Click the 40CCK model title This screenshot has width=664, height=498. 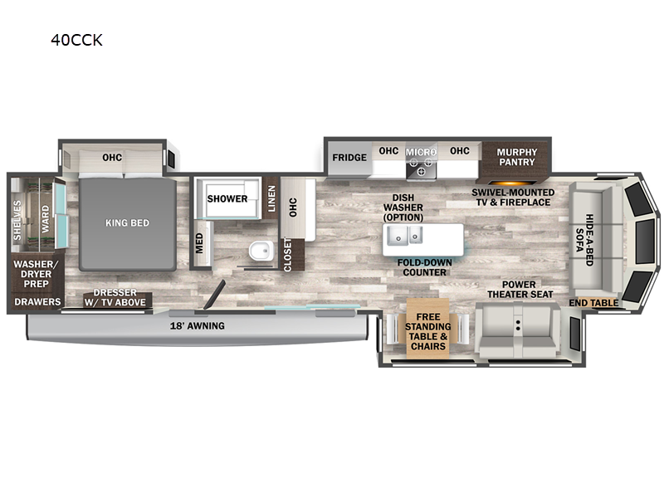(76, 40)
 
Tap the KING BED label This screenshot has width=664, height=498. (128, 222)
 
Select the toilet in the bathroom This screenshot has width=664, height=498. (261, 251)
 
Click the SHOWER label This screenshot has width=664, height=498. (227, 198)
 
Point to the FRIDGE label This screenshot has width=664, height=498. (349, 158)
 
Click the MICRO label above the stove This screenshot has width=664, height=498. (421, 152)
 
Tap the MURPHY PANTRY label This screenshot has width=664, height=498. (516, 157)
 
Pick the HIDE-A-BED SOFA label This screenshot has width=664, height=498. (584, 240)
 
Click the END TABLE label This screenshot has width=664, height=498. (593, 303)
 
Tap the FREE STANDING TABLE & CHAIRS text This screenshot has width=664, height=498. (427, 331)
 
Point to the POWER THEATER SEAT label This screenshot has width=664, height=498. (520, 289)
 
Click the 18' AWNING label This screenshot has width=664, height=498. (198, 325)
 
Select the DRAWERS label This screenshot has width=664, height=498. (37, 302)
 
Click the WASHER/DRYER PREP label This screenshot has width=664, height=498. (36, 274)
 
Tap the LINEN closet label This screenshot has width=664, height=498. (271, 198)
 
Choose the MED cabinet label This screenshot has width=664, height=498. (199, 243)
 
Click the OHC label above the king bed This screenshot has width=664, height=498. (112, 158)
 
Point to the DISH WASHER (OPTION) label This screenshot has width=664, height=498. (403, 207)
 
